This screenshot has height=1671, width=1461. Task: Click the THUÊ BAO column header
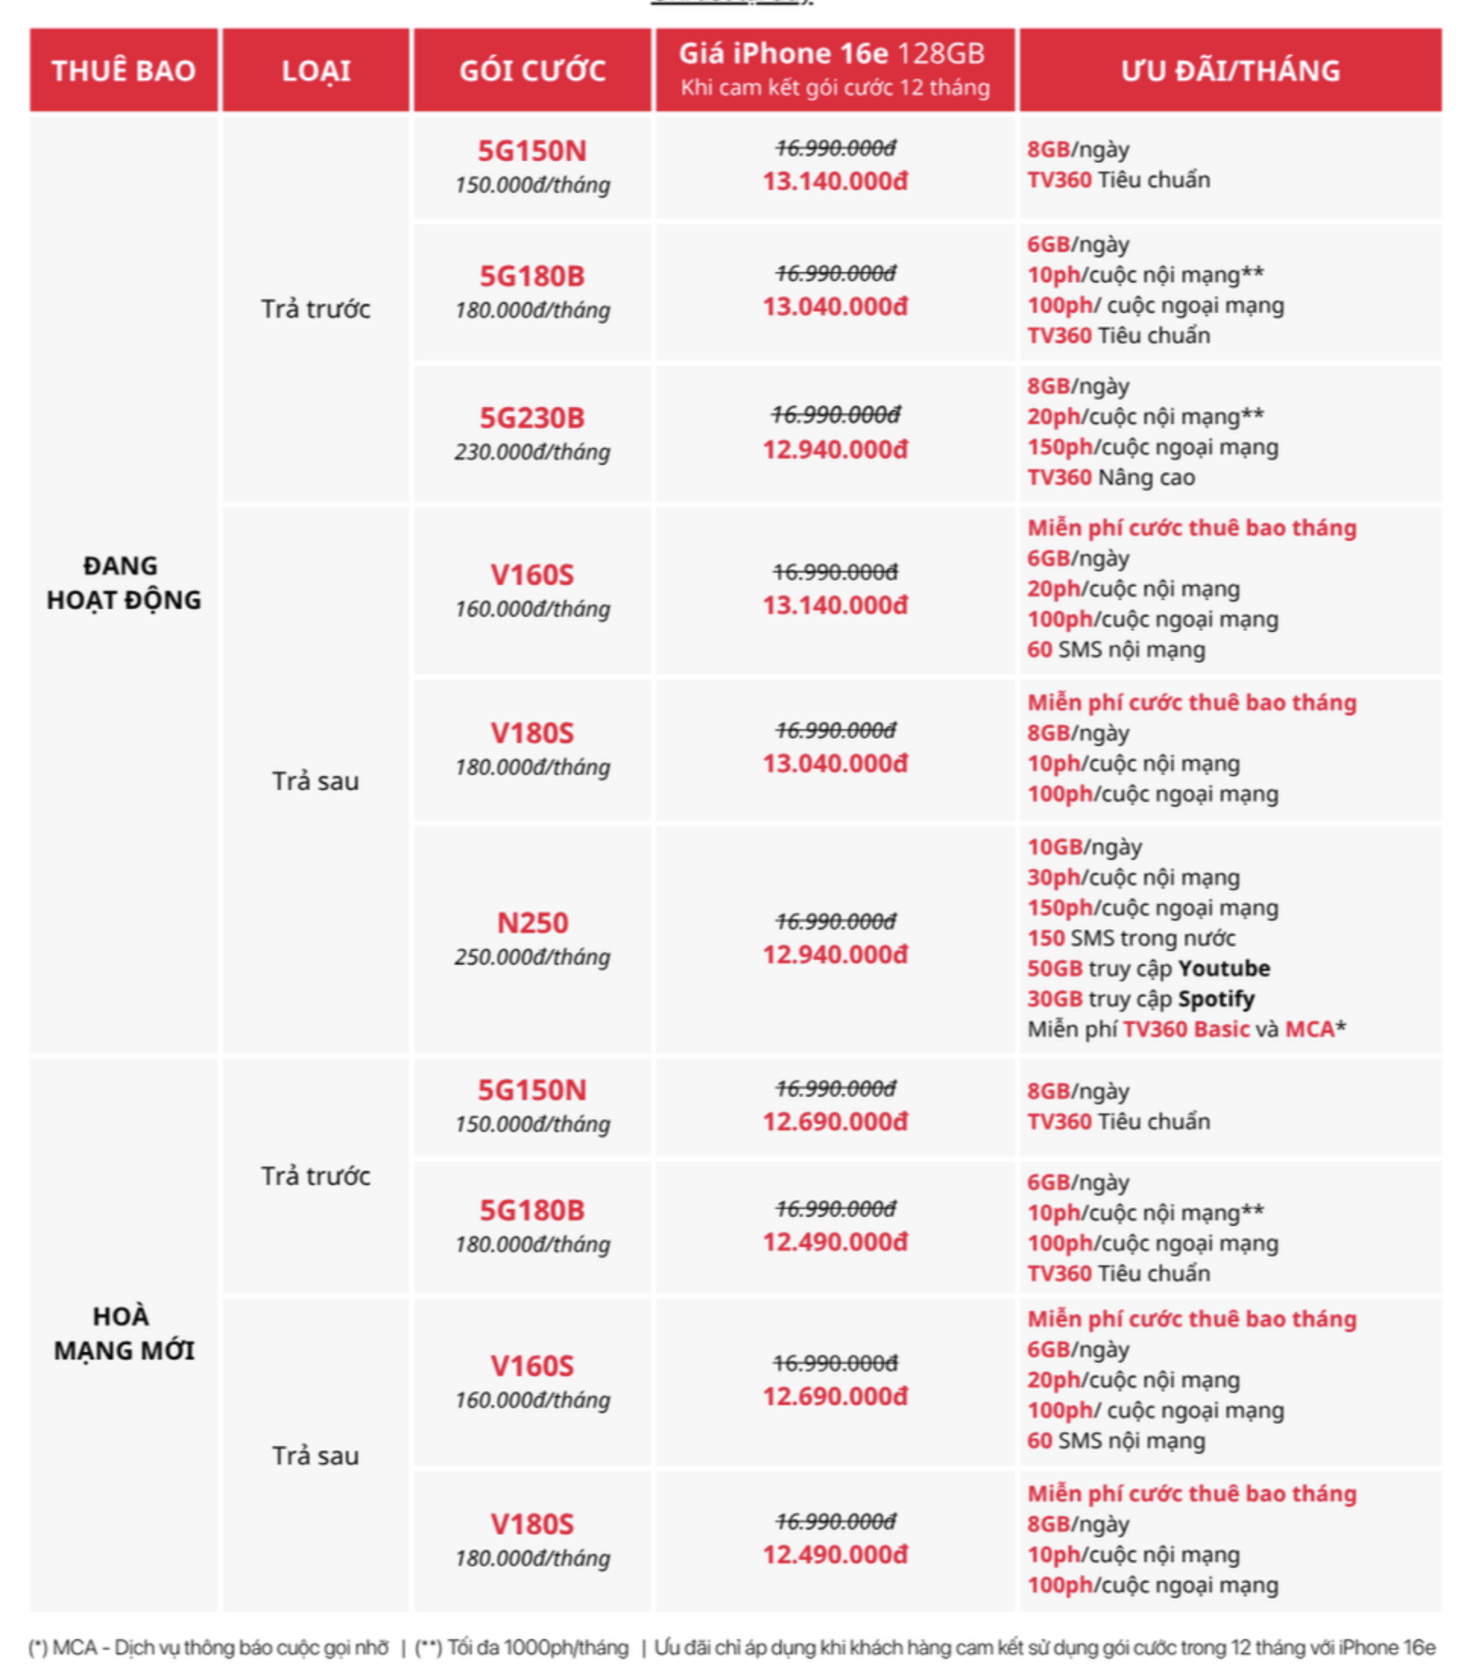pos(124,71)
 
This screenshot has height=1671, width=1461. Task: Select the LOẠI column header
pos(316,71)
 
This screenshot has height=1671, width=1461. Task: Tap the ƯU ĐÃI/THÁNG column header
pos(1229,71)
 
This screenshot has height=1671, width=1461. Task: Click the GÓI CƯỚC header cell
pos(532,71)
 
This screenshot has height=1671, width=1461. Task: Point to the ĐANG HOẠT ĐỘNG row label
pos(124,583)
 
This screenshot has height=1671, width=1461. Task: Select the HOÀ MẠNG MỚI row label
pos(124,1332)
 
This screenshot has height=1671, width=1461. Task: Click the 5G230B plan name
pos(532,418)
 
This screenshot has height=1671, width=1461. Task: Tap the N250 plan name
pos(532,922)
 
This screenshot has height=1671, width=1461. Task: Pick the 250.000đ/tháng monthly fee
pos(532,956)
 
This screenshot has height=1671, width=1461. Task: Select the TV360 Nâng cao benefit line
pos(1110,477)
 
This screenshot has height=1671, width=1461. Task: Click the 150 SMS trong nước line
pos(1131,938)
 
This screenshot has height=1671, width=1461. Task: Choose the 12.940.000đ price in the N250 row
pos(835,954)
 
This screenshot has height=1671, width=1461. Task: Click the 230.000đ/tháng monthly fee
pos(532,452)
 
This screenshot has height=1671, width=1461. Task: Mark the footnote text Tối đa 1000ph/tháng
pos(538,1647)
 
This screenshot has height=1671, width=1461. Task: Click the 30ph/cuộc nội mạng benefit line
pos(1133,877)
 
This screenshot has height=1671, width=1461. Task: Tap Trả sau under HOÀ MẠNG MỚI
pos(316,1456)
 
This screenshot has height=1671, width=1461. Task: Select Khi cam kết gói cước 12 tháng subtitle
pos(835,87)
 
